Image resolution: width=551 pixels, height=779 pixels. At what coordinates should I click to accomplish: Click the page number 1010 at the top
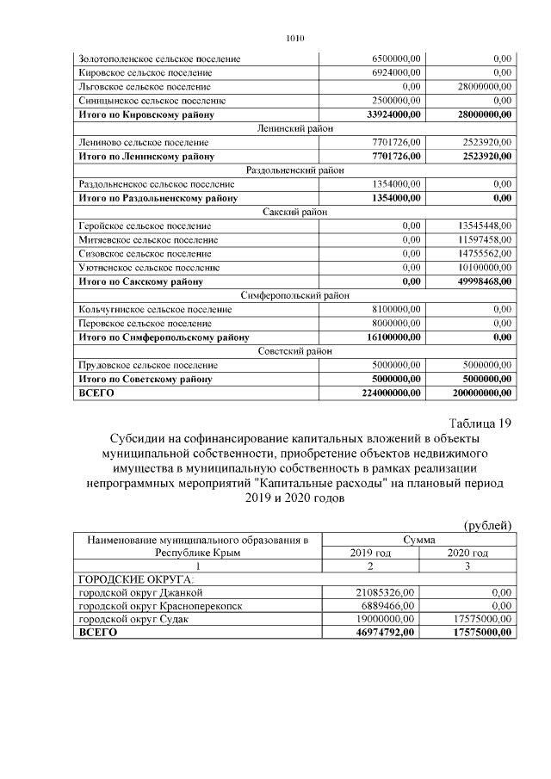[x=294, y=39]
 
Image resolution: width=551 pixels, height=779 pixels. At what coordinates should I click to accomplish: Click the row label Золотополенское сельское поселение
[x=158, y=59]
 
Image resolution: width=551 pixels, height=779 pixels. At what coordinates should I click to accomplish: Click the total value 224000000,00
[x=383, y=393]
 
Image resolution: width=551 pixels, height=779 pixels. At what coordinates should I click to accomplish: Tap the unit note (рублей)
[x=487, y=525]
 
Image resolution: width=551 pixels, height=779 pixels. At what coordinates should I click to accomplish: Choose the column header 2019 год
[x=369, y=553]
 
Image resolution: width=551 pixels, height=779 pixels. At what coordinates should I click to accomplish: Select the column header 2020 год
[x=468, y=553]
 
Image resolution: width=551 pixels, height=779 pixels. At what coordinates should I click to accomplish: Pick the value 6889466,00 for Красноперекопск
[x=387, y=606]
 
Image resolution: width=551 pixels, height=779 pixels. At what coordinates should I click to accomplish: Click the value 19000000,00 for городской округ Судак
[x=386, y=619]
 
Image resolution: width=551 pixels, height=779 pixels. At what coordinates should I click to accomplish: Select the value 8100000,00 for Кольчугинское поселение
[x=393, y=309]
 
